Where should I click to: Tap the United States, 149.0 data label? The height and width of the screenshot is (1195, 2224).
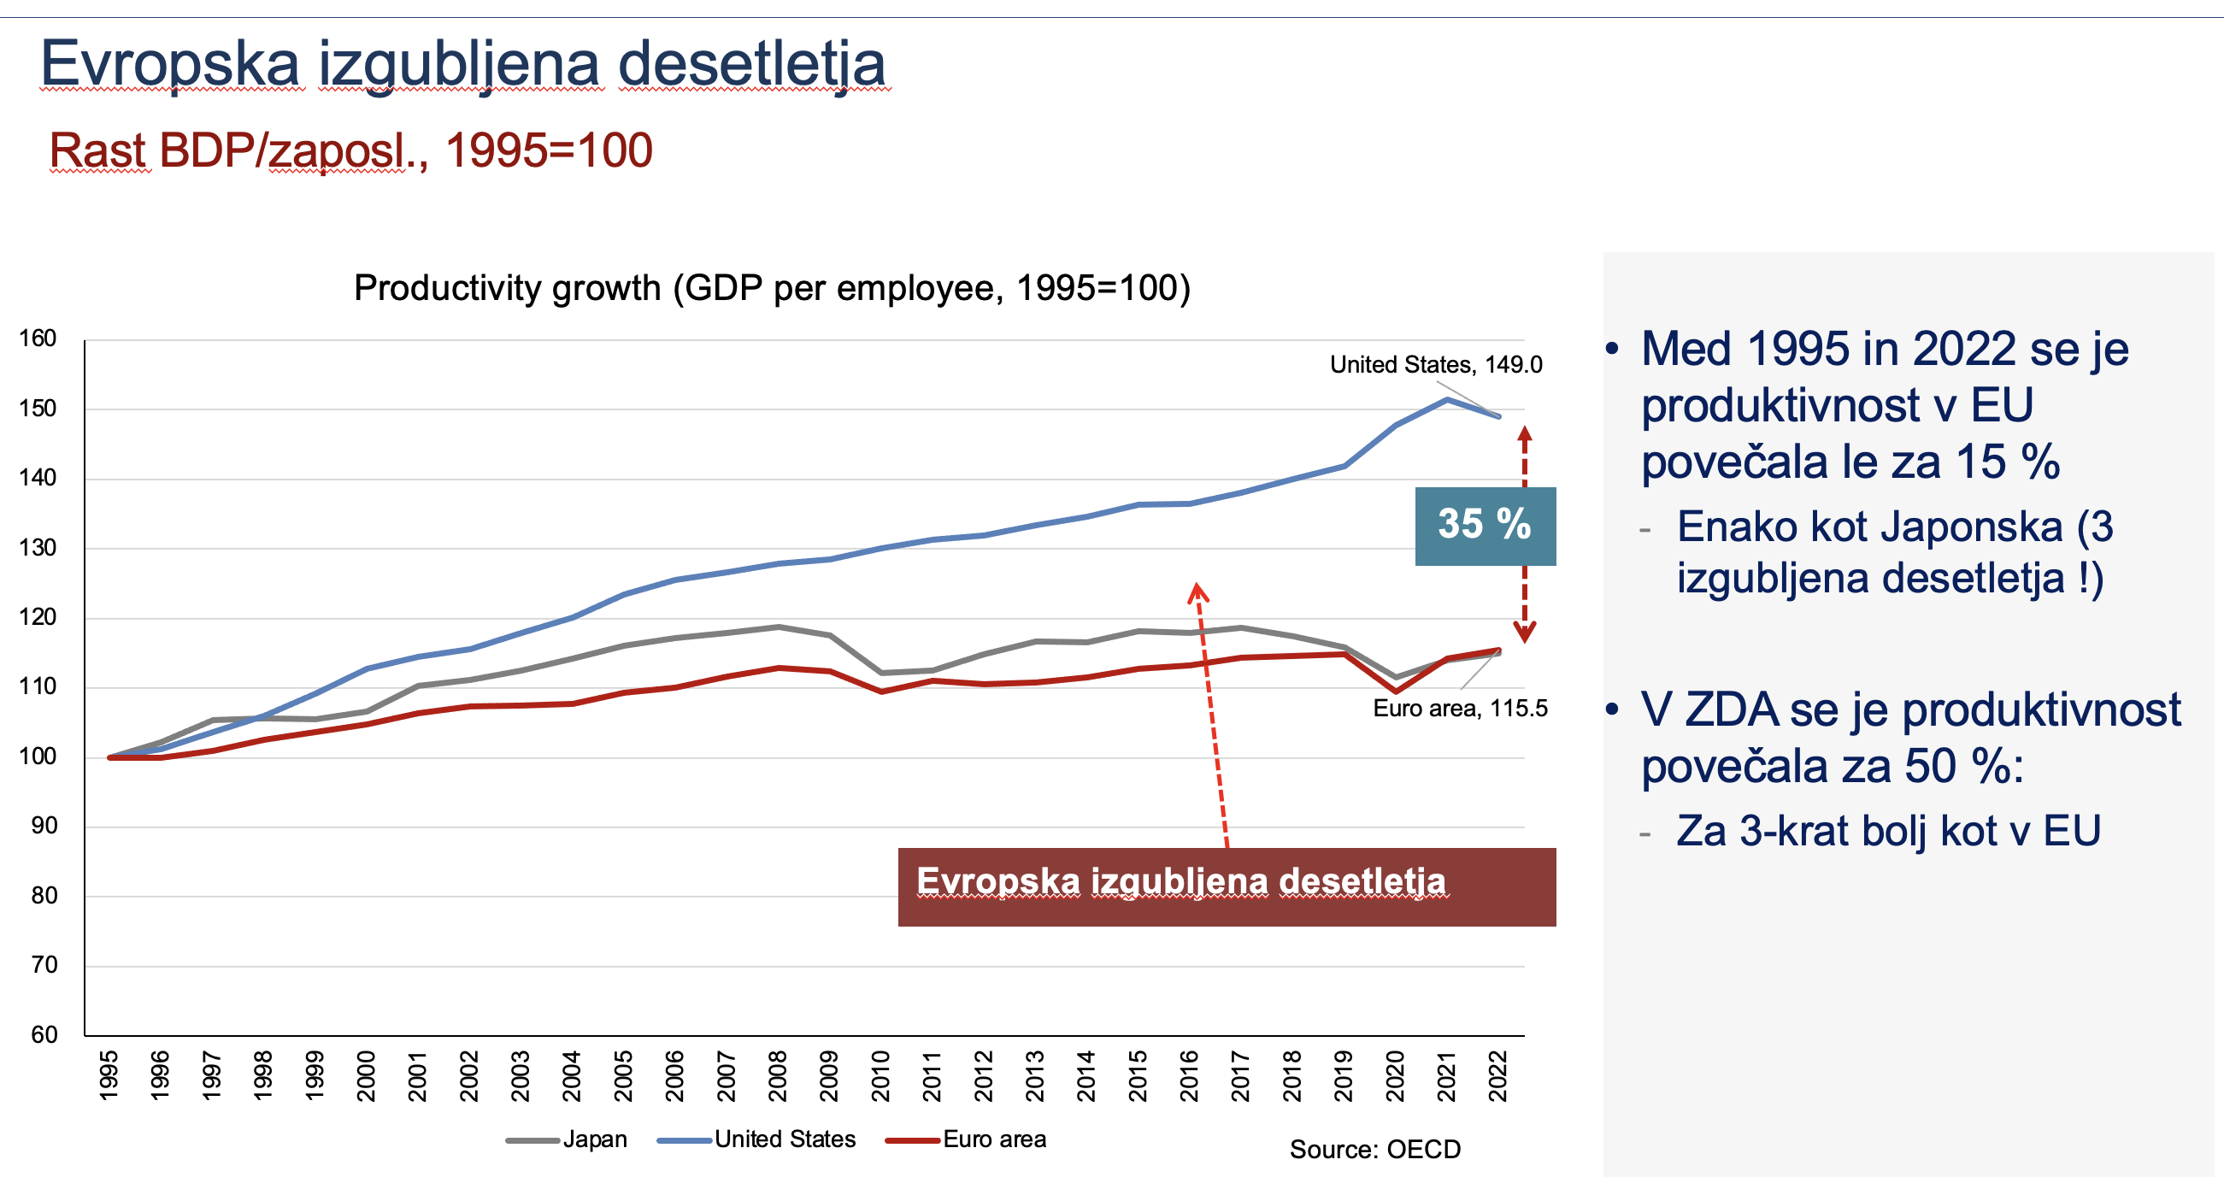(1435, 364)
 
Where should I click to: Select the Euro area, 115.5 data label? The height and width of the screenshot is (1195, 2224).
(1459, 709)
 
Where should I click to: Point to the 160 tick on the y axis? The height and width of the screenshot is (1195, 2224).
(38, 338)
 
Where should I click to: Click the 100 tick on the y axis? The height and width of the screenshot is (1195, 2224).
(38, 756)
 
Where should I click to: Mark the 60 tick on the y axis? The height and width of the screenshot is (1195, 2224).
(44, 1034)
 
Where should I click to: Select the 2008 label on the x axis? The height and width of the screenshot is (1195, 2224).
(778, 1076)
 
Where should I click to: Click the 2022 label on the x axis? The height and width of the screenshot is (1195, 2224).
(1498, 1076)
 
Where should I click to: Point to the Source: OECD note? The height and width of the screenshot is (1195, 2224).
(1374, 1150)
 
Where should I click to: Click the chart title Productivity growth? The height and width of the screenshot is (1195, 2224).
(772, 288)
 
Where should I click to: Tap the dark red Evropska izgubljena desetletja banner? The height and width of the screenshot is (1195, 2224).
(1226, 886)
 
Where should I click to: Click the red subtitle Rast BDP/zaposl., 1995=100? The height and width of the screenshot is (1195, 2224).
(350, 150)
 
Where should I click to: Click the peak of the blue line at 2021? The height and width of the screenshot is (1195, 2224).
(1447, 399)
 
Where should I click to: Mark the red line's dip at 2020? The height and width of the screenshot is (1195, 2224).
(1396, 691)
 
